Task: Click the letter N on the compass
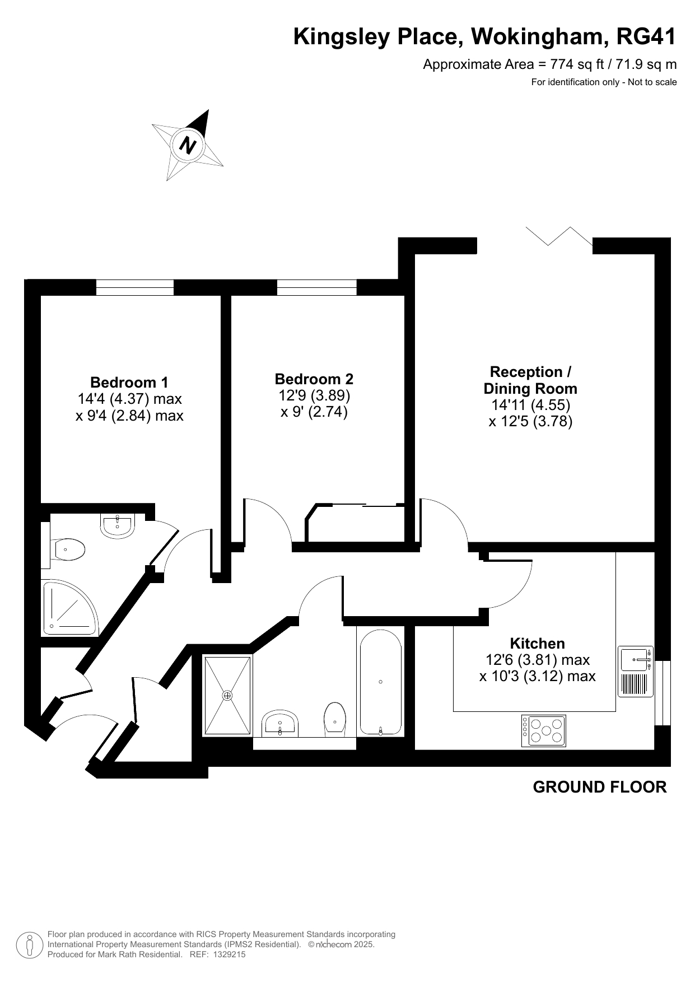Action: click(188, 145)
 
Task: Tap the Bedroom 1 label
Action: click(129, 383)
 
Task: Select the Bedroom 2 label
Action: click(314, 379)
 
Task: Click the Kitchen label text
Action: click(537, 644)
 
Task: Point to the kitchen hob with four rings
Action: click(543, 730)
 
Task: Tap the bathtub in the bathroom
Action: click(380, 682)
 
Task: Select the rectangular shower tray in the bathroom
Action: click(227, 695)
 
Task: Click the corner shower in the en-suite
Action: click(69, 608)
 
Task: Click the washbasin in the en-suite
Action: click(118, 525)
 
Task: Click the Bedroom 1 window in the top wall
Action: click(135, 287)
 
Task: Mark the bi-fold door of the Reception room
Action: click(559, 236)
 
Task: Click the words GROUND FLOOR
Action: click(600, 787)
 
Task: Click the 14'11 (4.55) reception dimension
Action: click(530, 404)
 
